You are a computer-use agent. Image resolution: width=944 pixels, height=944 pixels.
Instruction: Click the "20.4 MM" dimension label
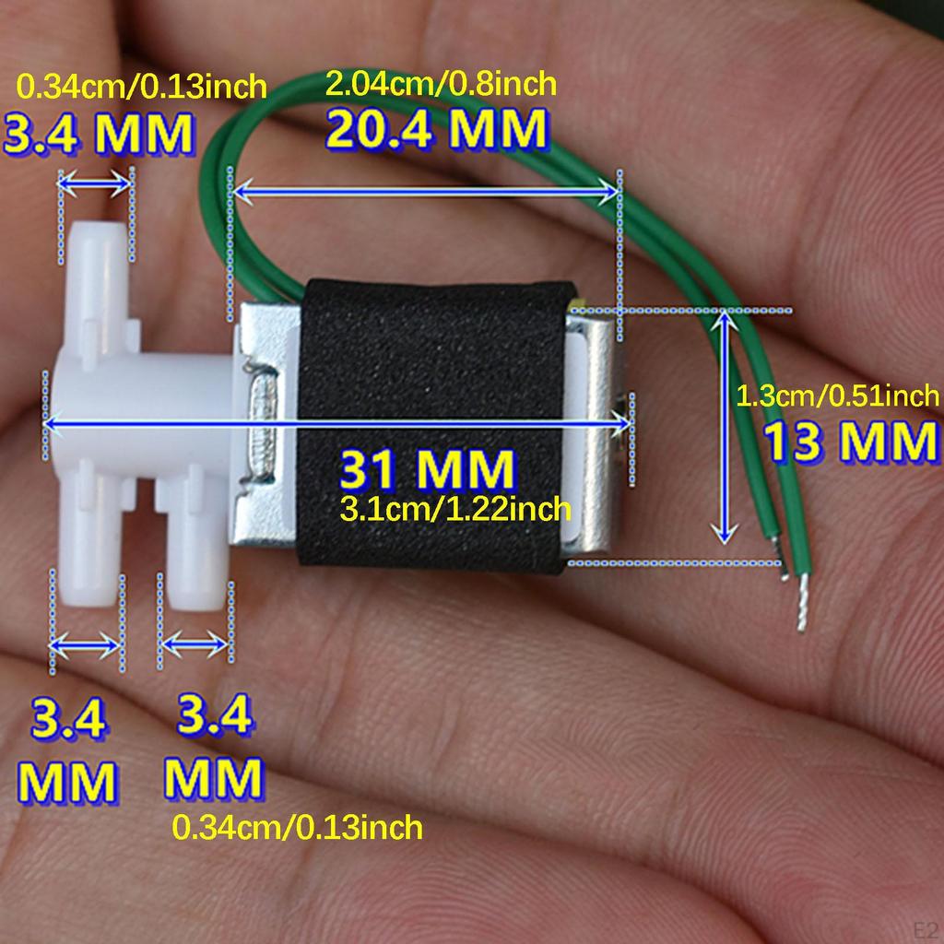(x=436, y=129)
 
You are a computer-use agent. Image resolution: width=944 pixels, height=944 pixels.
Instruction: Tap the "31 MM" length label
(x=428, y=469)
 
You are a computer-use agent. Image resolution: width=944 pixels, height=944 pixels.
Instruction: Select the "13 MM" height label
(x=852, y=442)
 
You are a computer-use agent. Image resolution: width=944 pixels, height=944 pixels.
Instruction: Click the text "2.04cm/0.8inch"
(x=441, y=83)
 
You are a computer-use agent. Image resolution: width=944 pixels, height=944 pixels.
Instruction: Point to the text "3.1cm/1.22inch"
(x=455, y=509)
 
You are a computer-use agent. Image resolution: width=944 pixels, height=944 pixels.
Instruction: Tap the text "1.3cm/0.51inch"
(x=837, y=395)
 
